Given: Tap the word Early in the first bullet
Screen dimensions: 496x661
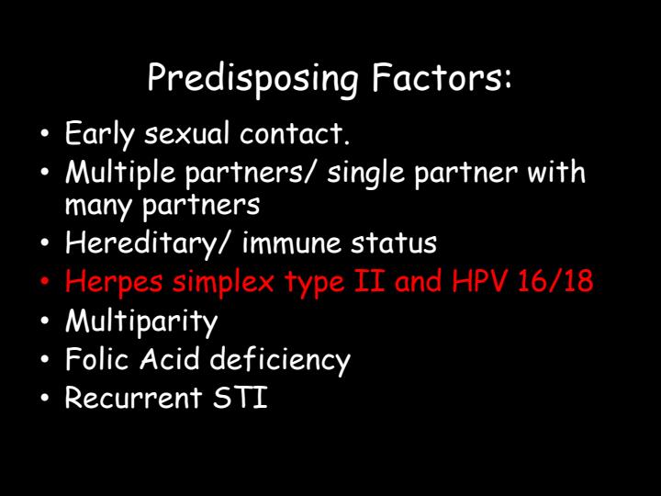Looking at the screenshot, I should pyautogui.click(x=92, y=134).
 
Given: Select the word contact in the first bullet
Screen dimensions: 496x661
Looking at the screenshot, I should pyautogui.click(x=295, y=134).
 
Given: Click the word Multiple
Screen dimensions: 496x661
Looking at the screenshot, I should pyautogui.click(x=114, y=172).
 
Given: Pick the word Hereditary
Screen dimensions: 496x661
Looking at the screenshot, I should pyautogui.click(x=132, y=243).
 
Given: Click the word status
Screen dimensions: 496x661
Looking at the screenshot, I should pyautogui.click(x=392, y=243).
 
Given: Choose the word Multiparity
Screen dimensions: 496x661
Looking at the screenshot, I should pyautogui.click(x=141, y=321).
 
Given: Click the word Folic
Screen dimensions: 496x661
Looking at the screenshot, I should pyautogui.click(x=97, y=359).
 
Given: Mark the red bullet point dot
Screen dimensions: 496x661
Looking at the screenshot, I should pyautogui.click(x=45, y=282).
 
